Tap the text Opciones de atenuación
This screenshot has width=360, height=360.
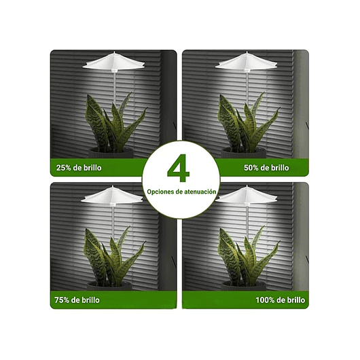[x=181, y=192]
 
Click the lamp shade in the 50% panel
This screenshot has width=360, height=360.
[x=246, y=64]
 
